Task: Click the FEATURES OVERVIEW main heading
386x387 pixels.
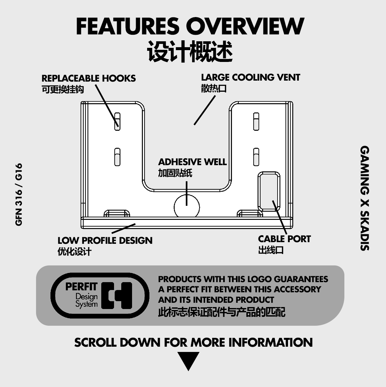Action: point(190,26)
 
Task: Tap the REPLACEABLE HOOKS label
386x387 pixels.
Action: point(88,78)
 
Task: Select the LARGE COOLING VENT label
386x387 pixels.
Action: point(250,77)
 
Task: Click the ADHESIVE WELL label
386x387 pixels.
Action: point(192,162)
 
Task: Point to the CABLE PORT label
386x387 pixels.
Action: point(284,239)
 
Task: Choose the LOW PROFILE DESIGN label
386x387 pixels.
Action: point(105,241)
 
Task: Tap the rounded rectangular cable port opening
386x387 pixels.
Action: point(269,191)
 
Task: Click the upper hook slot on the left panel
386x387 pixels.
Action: point(117,122)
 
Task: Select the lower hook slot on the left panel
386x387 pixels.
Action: point(117,157)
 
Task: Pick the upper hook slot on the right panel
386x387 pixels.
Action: point(256,122)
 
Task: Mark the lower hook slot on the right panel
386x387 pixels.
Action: point(256,157)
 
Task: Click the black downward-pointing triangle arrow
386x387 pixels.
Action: point(188,361)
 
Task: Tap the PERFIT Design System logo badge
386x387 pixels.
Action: point(100,295)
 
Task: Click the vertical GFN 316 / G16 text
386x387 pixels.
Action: point(19,194)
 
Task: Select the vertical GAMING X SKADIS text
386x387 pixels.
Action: point(365,198)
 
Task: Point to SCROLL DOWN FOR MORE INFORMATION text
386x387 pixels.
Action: point(193,342)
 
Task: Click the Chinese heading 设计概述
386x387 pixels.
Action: point(190,51)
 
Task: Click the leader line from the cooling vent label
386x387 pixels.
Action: point(204,110)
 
